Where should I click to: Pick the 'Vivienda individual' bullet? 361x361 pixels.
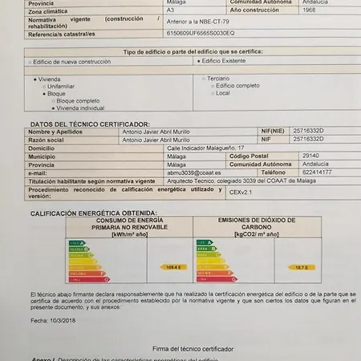tap(79, 107)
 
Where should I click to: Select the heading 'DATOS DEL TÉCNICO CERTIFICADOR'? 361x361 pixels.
tap(90, 124)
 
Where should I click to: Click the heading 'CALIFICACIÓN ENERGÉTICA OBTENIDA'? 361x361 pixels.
tap(93, 213)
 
